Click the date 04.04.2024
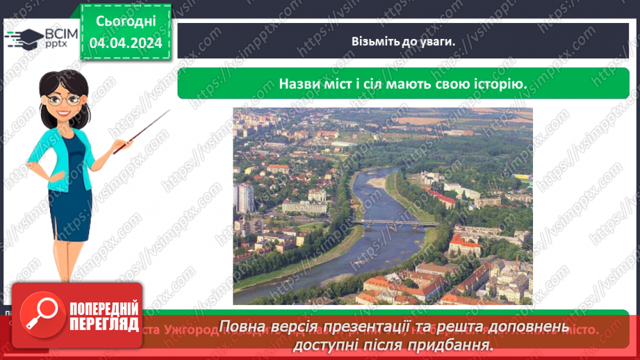coord(126,42)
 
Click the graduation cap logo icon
coord(24,38)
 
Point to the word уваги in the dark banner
coord(436,41)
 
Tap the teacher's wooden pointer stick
coord(142,131)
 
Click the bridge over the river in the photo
coord(393,223)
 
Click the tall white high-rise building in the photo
coord(244,197)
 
